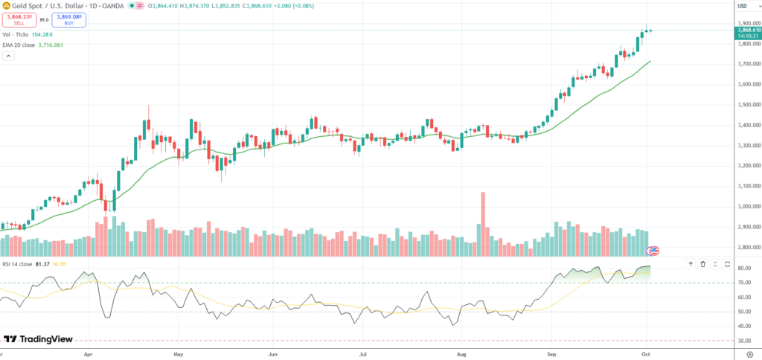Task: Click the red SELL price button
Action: click(x=19, y=20)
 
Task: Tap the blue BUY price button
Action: click(x=69, y=20)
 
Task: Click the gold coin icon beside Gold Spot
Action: click(x=6, y=6)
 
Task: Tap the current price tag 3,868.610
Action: click(x=747, y=30)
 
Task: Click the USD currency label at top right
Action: click(x=742, y=6)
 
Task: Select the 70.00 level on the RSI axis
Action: click(x=744, y=283)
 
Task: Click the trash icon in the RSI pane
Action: click(x=702, y=263)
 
